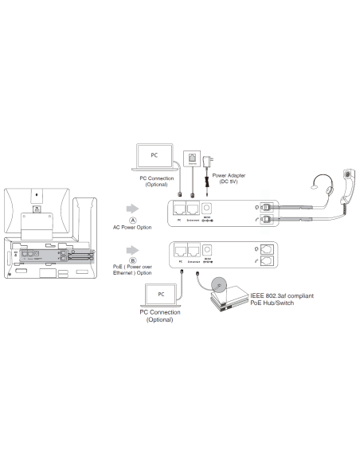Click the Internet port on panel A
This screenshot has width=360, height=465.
[x=194, y=209]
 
